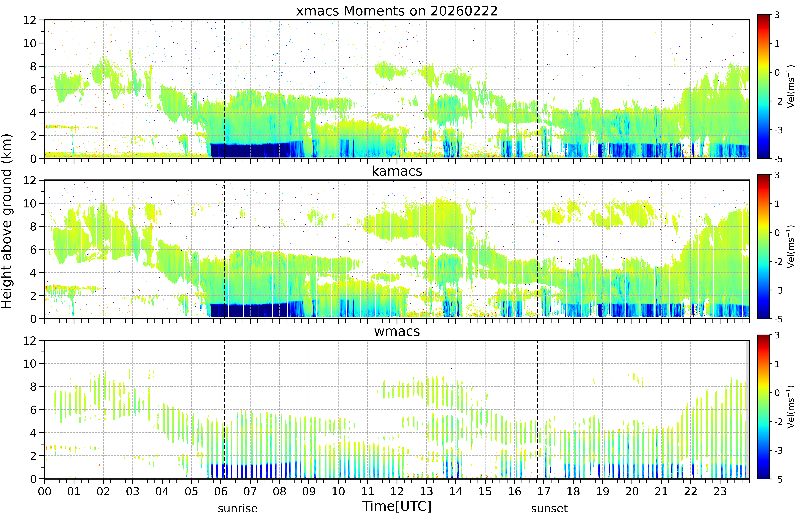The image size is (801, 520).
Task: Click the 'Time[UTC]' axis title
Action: [x=397, y=506]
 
